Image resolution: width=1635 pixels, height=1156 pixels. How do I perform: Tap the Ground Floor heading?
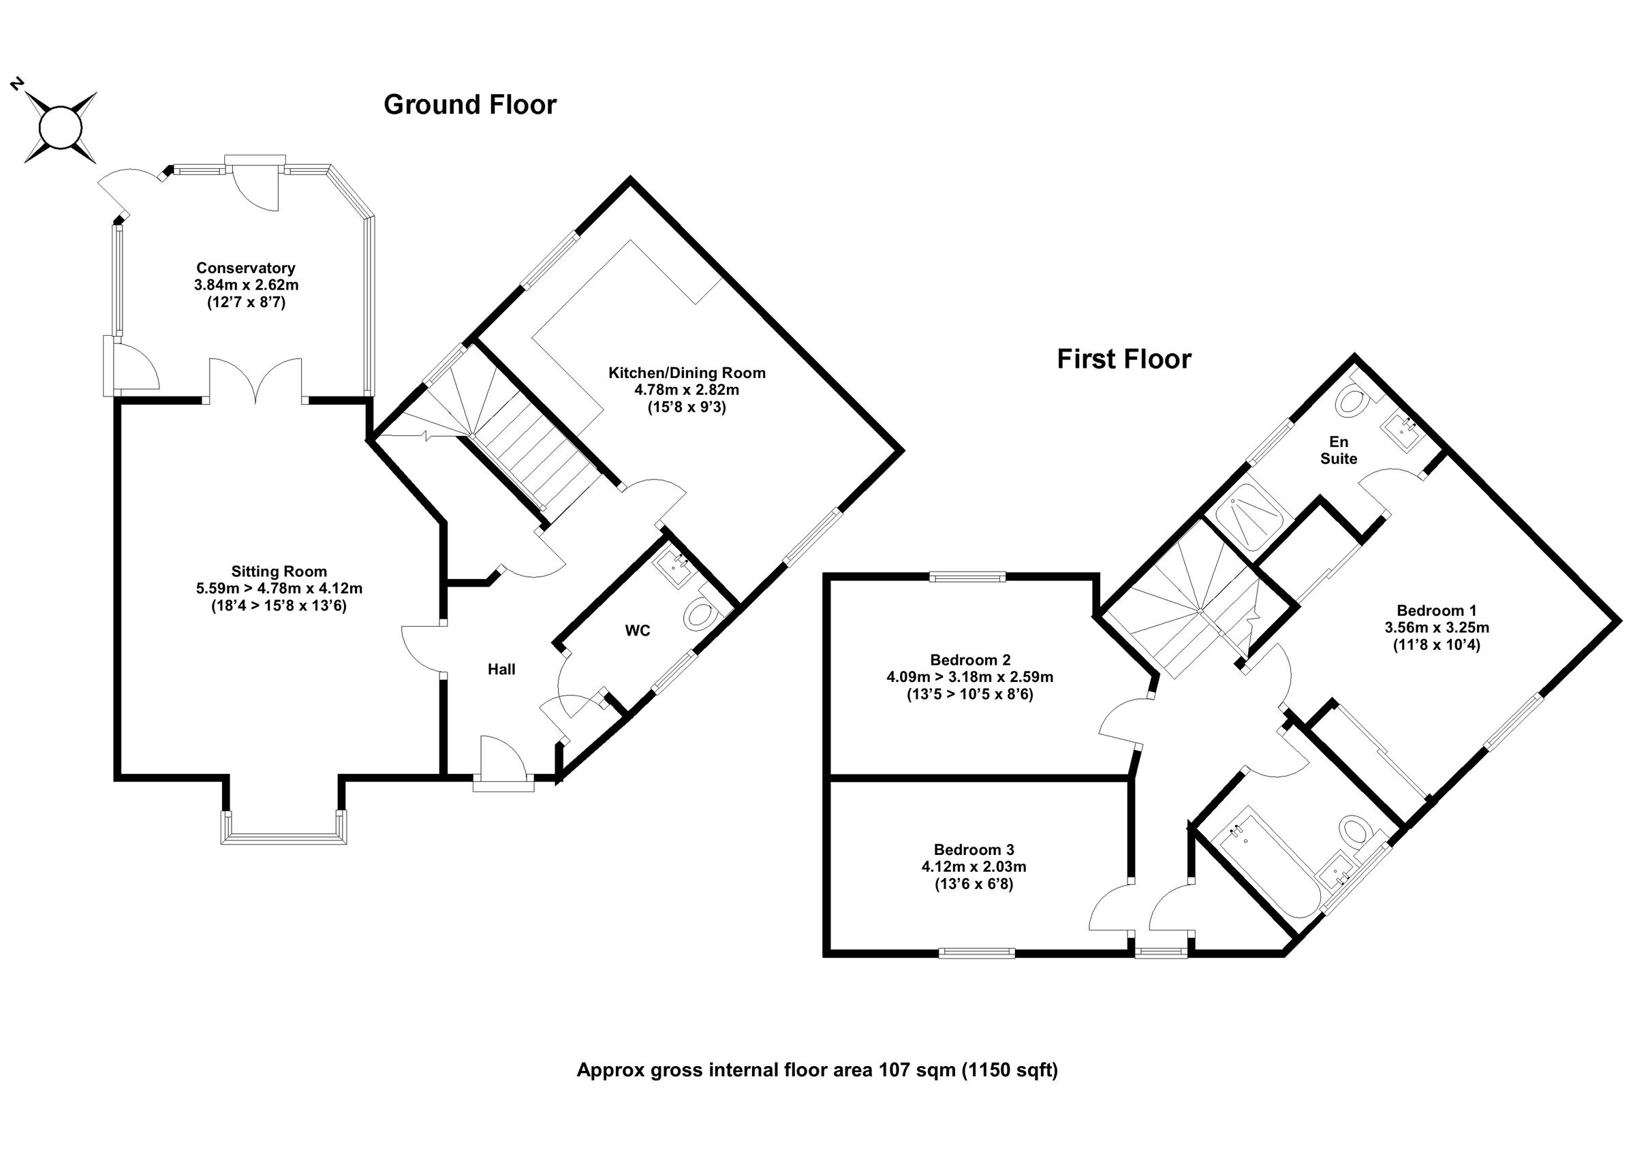tap(470, 105)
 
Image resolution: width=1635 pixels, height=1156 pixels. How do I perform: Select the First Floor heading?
tap(1123, 359)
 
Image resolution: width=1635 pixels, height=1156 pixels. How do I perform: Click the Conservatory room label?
tap(246, 268)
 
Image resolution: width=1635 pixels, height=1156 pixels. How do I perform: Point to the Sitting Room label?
tap(279, 572)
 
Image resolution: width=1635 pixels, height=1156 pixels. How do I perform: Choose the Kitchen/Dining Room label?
tap(687, 373)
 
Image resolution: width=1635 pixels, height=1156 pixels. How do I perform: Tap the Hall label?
tap(501, 670)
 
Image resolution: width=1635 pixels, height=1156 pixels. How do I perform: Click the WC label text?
tap(638, 631)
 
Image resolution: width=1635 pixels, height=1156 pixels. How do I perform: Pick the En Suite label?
tap(1338, 450)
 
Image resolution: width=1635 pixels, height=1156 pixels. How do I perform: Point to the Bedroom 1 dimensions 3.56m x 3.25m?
tap(1436, 627)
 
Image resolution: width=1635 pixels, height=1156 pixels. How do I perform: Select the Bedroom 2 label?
tap(970, 659)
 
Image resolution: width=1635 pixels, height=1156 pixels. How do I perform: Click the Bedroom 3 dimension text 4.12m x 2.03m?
tap(974, 866)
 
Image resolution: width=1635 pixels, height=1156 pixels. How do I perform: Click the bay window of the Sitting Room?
tap(283, 838)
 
